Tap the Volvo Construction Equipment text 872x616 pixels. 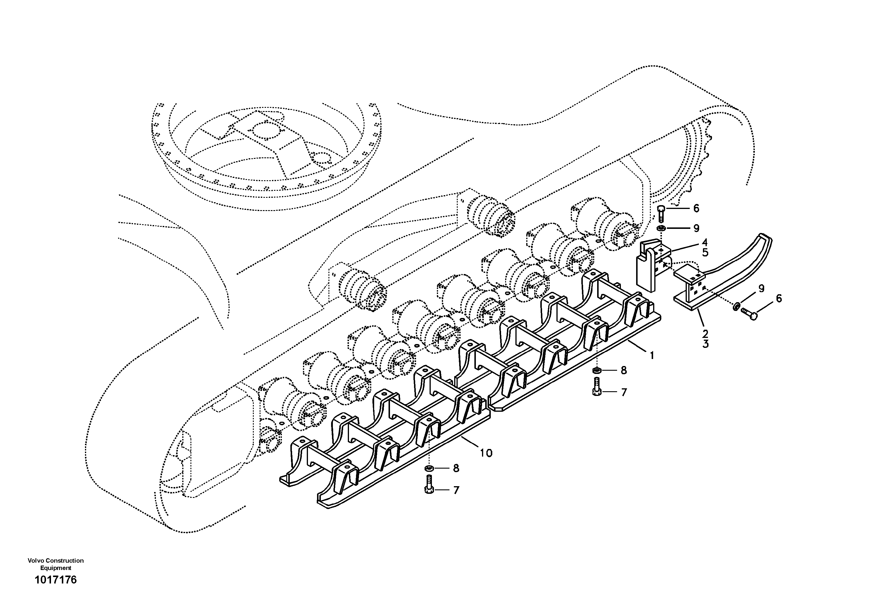pyautogui.click(x=55, y=564)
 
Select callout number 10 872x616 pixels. pyautogui.click(x=486, y=453)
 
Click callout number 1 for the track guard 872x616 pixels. pyautogui.click(x=652, y=355)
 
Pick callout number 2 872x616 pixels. pyautogui.click(x=705, y=334)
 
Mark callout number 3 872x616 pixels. pyautogui.click(x=705, y=344)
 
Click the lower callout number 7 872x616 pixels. pyautogui.click(x=456, y=490)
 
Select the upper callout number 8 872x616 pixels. pyautogui.click(x=624, y=370)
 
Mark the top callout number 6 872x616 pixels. pyautogui.click(x=696, y=208)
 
